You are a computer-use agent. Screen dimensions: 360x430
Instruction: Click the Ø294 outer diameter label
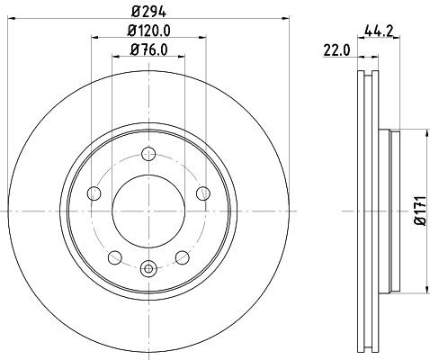point(149,10)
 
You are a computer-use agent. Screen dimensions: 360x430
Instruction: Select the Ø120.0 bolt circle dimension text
point(148,32)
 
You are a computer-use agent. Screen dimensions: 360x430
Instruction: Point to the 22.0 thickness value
point(335,50)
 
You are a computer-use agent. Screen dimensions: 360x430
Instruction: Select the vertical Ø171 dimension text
point(418,213)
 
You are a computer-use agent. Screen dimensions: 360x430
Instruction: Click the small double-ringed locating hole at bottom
point(148,266)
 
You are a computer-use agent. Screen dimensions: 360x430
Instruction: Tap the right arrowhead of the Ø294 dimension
point(279,19)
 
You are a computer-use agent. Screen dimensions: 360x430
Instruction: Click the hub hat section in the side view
point(392,211)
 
